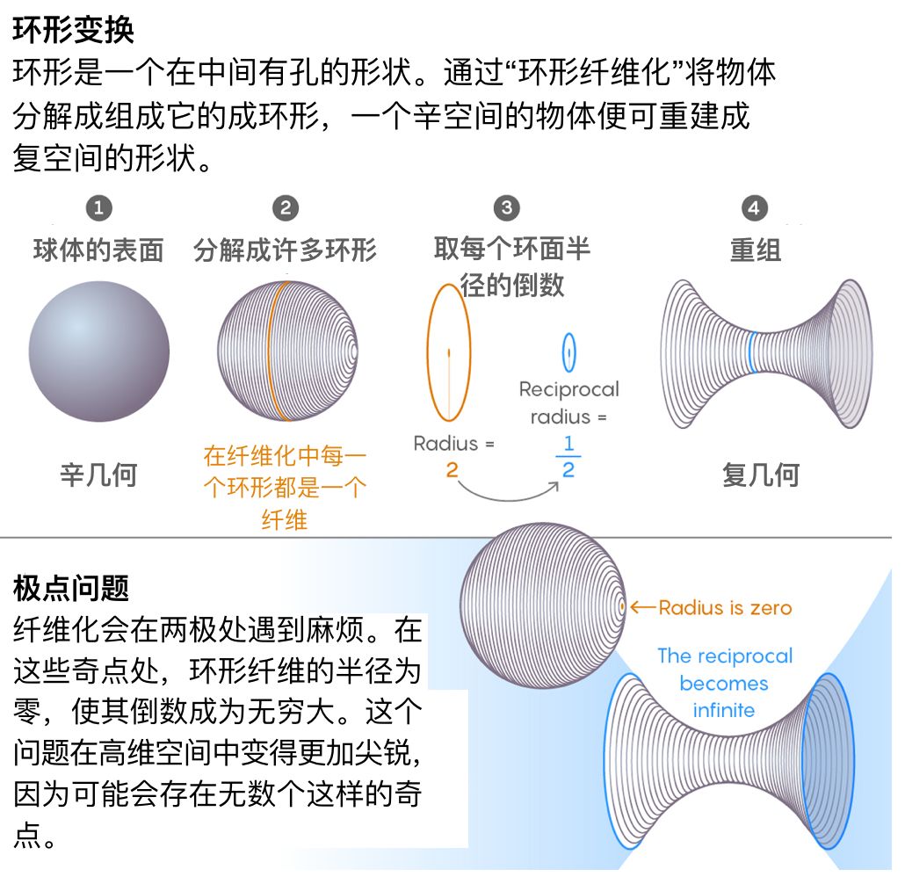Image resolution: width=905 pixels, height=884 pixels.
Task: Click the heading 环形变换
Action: [x=74, y=30]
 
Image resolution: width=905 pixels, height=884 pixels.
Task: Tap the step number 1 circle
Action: [x=98, y=208]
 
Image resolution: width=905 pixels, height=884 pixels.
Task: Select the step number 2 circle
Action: [x=285, y=208]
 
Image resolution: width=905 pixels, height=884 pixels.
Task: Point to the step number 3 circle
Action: [x=506, y=208]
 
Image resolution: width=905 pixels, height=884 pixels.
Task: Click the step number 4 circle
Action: [x=754, y=208]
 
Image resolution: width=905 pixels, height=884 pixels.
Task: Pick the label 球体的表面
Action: [x=98, y=250]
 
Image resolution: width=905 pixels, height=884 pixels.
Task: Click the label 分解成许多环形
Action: [x=285, y=250]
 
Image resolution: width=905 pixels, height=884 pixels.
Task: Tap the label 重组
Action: [x=755, y=250]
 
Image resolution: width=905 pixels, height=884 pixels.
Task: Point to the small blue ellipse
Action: [x=568, y=352]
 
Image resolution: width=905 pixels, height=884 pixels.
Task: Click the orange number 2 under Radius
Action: [x=452, y=471]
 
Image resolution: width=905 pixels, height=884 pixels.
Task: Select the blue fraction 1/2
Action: [x=568, y=458]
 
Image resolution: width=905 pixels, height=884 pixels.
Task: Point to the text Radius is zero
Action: [x=725, y=607]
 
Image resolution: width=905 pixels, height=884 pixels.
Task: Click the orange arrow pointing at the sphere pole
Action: [x=643, y=607]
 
